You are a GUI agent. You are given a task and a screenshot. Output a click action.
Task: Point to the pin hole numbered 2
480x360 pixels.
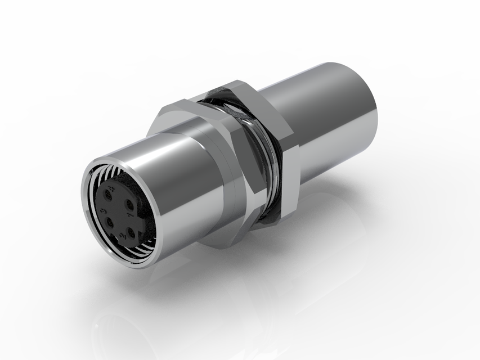131,232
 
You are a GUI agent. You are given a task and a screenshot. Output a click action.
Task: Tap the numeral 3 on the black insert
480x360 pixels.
103,211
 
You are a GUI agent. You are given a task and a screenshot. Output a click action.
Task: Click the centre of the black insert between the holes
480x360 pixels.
119,214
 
